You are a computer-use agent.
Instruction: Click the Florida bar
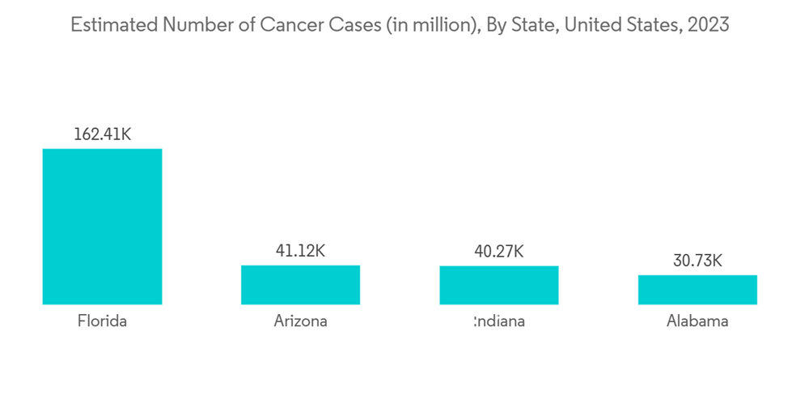point(102,227)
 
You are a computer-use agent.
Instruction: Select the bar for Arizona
point(300,285)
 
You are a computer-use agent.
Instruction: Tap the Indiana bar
point(499,285)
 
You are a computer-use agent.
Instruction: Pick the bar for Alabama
point(697,290)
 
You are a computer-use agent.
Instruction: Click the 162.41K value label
point(102,134)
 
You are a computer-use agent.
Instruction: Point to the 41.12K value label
point(300,251)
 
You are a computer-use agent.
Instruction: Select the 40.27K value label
point(499,252)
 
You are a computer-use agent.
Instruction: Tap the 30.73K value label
point(697,261)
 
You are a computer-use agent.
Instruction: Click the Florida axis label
point(102,321)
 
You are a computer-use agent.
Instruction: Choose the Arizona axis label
point(300,321)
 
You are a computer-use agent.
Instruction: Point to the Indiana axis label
point(500,321)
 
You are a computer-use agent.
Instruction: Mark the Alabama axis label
point(697,321)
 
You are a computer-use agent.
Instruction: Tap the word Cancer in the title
point(290,25)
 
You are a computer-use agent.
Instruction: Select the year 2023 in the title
point(706,25)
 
